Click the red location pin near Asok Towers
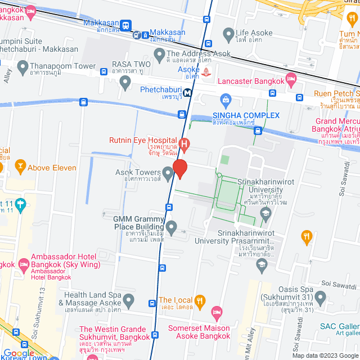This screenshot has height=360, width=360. click(x=179, y=168)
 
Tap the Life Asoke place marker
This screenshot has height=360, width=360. click(x=228, y=36)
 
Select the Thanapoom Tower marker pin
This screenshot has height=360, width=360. click(x=22, y=68)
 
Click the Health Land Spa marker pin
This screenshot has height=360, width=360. click(x=129, y=301)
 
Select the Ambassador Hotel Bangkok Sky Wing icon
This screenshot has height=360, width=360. click(x=23, y=264)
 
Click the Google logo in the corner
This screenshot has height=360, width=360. click(x=18, y=353)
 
